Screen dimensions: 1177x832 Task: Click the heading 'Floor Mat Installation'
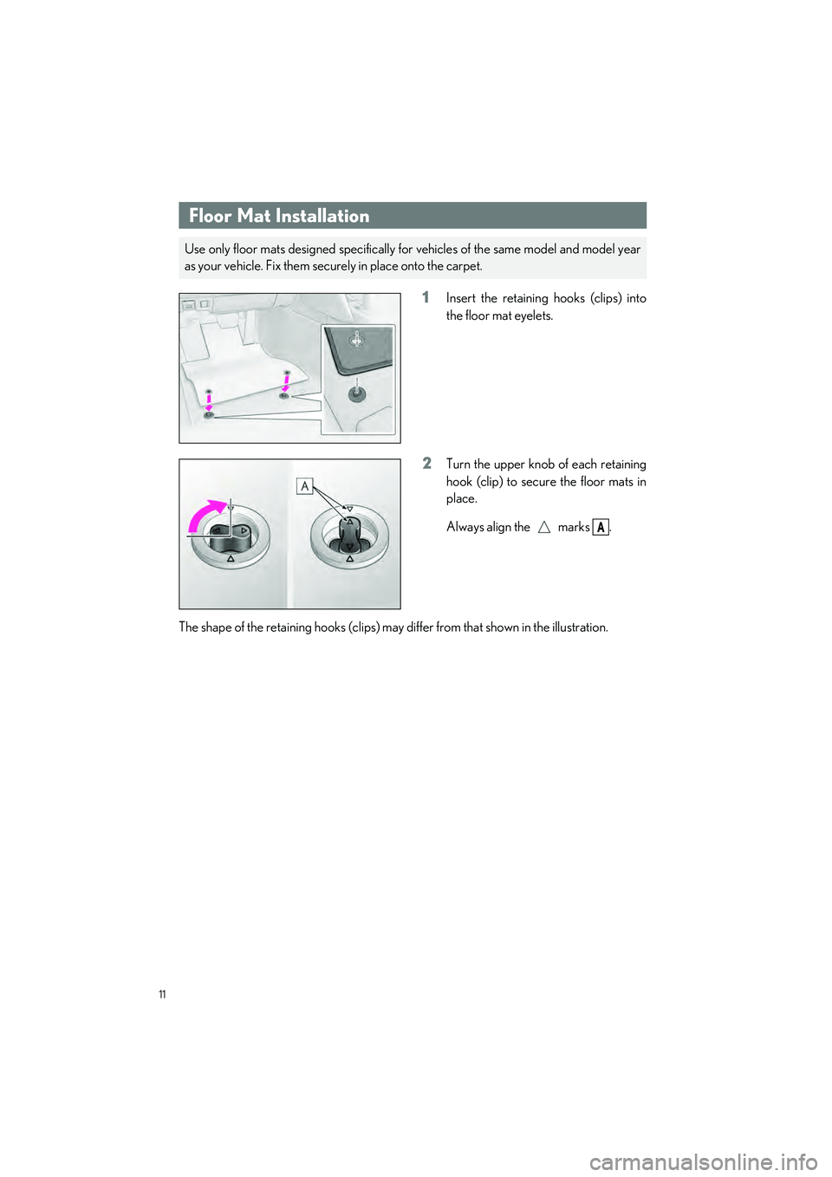pos(279,216)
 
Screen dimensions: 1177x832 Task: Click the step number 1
pos(426,297)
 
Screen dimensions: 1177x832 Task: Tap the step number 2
pos(426,464)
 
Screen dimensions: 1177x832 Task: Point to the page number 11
pos(162,994)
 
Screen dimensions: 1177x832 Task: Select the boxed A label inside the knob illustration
pos(304,486)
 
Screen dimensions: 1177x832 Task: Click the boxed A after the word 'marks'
pos(601,527)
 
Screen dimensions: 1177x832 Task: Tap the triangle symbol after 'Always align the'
pos(543,527)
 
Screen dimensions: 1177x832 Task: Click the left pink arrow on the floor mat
pos(209,400)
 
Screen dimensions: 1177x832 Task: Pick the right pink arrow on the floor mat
pos(286,382)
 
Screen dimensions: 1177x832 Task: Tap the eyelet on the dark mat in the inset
pos(356,341)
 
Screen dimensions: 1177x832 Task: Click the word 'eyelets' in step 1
pos(534,316)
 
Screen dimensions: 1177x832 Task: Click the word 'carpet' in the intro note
pos(462,266)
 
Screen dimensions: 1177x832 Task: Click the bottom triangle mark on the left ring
pos(231,559)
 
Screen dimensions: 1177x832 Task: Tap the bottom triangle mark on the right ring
pos(349,559)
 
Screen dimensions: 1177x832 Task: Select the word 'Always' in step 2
pos(465,527)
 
